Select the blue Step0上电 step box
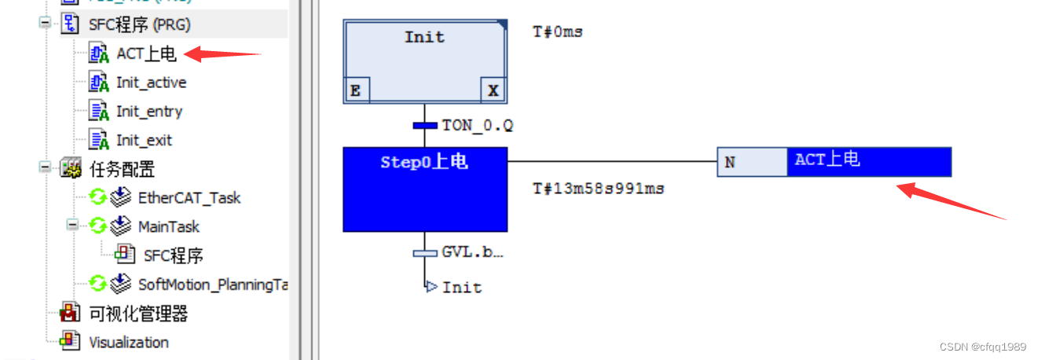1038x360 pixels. click(x=424, y=189)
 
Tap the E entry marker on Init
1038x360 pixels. click(x=356, y=90)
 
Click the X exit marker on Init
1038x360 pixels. click(x=493, y=90)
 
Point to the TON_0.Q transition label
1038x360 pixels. click(x=477, y=125)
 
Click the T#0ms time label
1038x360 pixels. click(x=558, y=32)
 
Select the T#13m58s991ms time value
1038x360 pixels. click(x=598, y=189)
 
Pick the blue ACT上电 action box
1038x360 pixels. click(x=868, y=162)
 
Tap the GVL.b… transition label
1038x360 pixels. click(x=472, y=252)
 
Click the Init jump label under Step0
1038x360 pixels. click(x=461, y=287)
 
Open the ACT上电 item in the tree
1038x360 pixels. click(x=146, y=53)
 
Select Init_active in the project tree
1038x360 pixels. click(x=151, y=83)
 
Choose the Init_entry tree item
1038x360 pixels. click(x=149, y=112)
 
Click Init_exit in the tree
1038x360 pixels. click(x=144, y=141)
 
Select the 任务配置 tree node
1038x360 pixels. click(x=122, y=169)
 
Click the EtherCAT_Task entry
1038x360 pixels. click(x=189, y=198)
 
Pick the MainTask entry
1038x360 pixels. click(x=168, y=227)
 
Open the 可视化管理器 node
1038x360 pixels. click(x=138, y=314)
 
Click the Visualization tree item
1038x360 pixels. click(x=128, y=343)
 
